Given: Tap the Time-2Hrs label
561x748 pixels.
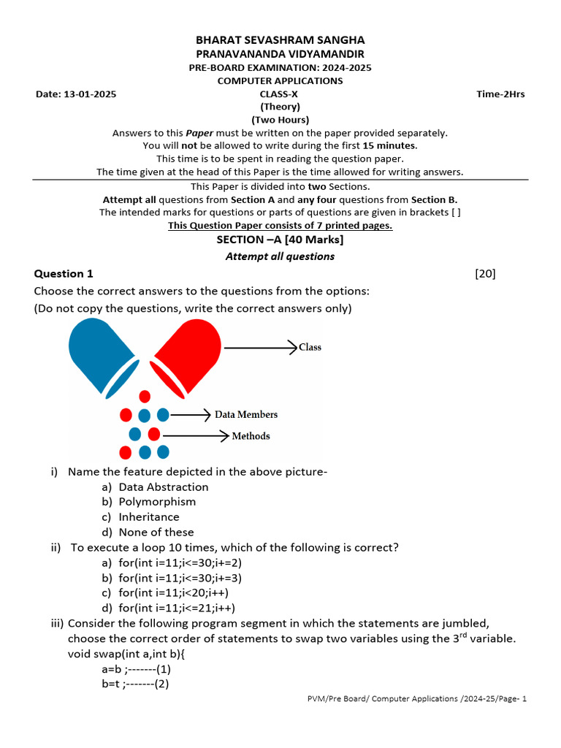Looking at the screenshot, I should click(500, 94).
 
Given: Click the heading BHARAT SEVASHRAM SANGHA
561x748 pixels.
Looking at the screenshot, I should click(280, 40).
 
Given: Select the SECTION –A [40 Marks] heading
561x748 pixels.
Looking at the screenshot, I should click(280, 240).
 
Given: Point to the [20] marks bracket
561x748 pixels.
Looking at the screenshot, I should click(485, 274).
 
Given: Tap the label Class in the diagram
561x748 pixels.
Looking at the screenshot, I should click(310, 347).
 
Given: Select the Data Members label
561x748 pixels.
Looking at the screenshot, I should click(246, 414).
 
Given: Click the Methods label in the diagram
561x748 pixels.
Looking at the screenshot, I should click(251, 436).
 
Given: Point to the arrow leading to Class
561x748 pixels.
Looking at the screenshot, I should click(260, 347).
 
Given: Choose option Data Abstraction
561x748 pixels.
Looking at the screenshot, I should click(163, 487).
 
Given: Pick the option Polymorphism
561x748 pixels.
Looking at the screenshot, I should click(157, 502).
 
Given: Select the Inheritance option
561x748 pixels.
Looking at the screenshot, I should click(149, 517).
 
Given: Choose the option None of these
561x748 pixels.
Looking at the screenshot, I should click(156, 533).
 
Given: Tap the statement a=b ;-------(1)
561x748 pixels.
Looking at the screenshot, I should click(137, 668).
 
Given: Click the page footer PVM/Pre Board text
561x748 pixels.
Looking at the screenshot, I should click(416, 699).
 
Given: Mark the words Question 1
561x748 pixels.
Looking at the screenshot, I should click(64, 274).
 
